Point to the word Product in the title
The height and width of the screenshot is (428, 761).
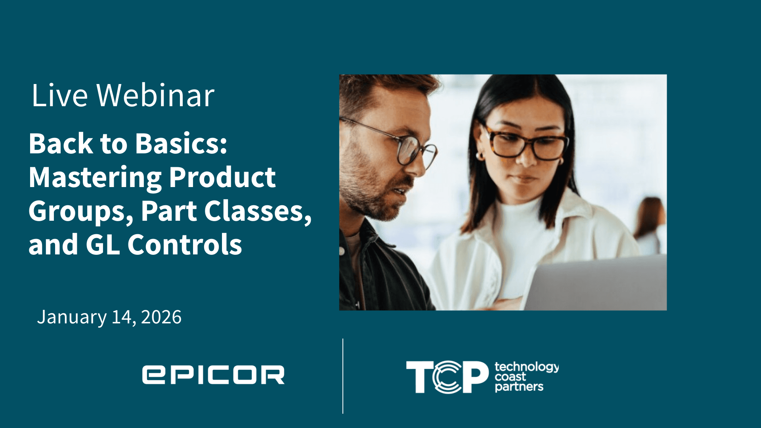222,177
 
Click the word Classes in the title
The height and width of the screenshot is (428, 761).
258,211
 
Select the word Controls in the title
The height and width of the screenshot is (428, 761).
185,244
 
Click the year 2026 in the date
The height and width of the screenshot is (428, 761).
161,317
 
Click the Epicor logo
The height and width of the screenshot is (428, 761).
213,375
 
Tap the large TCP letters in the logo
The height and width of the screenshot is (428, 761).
447,376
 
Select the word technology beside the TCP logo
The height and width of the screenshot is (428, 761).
527,367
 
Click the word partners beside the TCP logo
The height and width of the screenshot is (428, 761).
519,386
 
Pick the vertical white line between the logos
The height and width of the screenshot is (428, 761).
343,376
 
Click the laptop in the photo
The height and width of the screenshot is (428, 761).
595,283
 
